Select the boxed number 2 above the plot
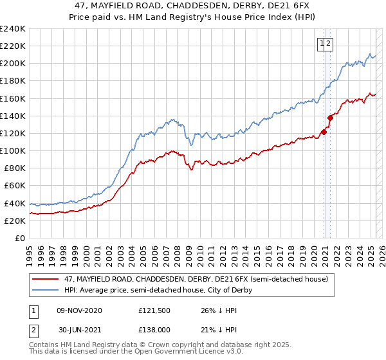pyautogui.click(x=328, y=44)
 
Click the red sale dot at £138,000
pyautogui.click(x=330, y=118)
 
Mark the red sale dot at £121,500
pyautogui.click(x=323, y=132)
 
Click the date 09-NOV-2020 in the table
pyautogui.click(x=80, y=310)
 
